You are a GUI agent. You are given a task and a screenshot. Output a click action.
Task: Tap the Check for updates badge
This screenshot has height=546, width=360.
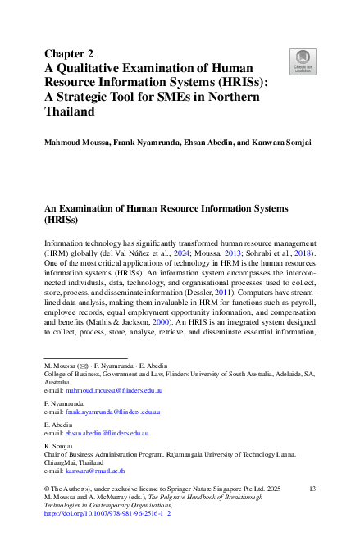(303, 61)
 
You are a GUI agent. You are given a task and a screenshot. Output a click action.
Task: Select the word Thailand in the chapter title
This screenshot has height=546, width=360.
(70, 111)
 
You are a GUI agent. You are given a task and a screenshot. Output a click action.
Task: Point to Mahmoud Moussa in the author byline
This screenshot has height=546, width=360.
(78, 143)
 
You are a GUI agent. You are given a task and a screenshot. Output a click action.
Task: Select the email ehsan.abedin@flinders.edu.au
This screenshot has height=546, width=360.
(112, 432)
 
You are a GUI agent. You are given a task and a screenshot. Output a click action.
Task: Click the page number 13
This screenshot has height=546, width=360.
(312, 489)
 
